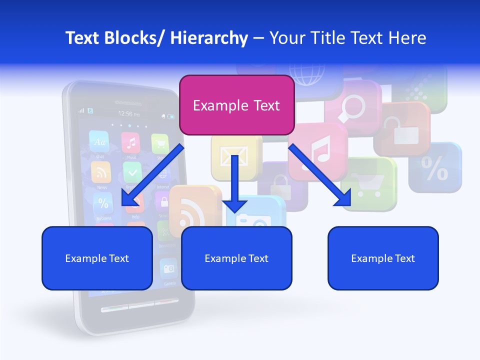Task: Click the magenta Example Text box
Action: (236, 105)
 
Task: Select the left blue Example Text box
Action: (97, 258)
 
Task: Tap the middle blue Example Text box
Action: (236, 258)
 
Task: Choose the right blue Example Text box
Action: (383, 258)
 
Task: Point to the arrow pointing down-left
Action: (152, 175)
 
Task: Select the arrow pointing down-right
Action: (320, 175)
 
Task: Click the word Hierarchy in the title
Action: (209, 38)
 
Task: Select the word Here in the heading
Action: (407, 38)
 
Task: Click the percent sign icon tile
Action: (435, 168)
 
